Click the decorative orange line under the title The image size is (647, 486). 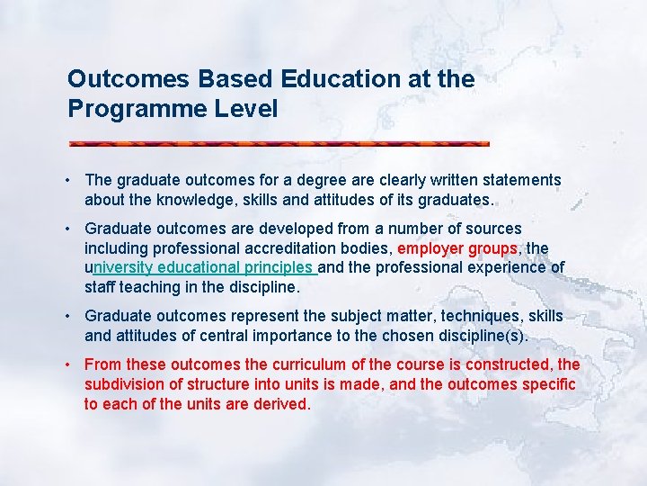(x=279, y=143)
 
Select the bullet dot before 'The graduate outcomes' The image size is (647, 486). (x=70, y=180)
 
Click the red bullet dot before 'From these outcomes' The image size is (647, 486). (x=70, y=364)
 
